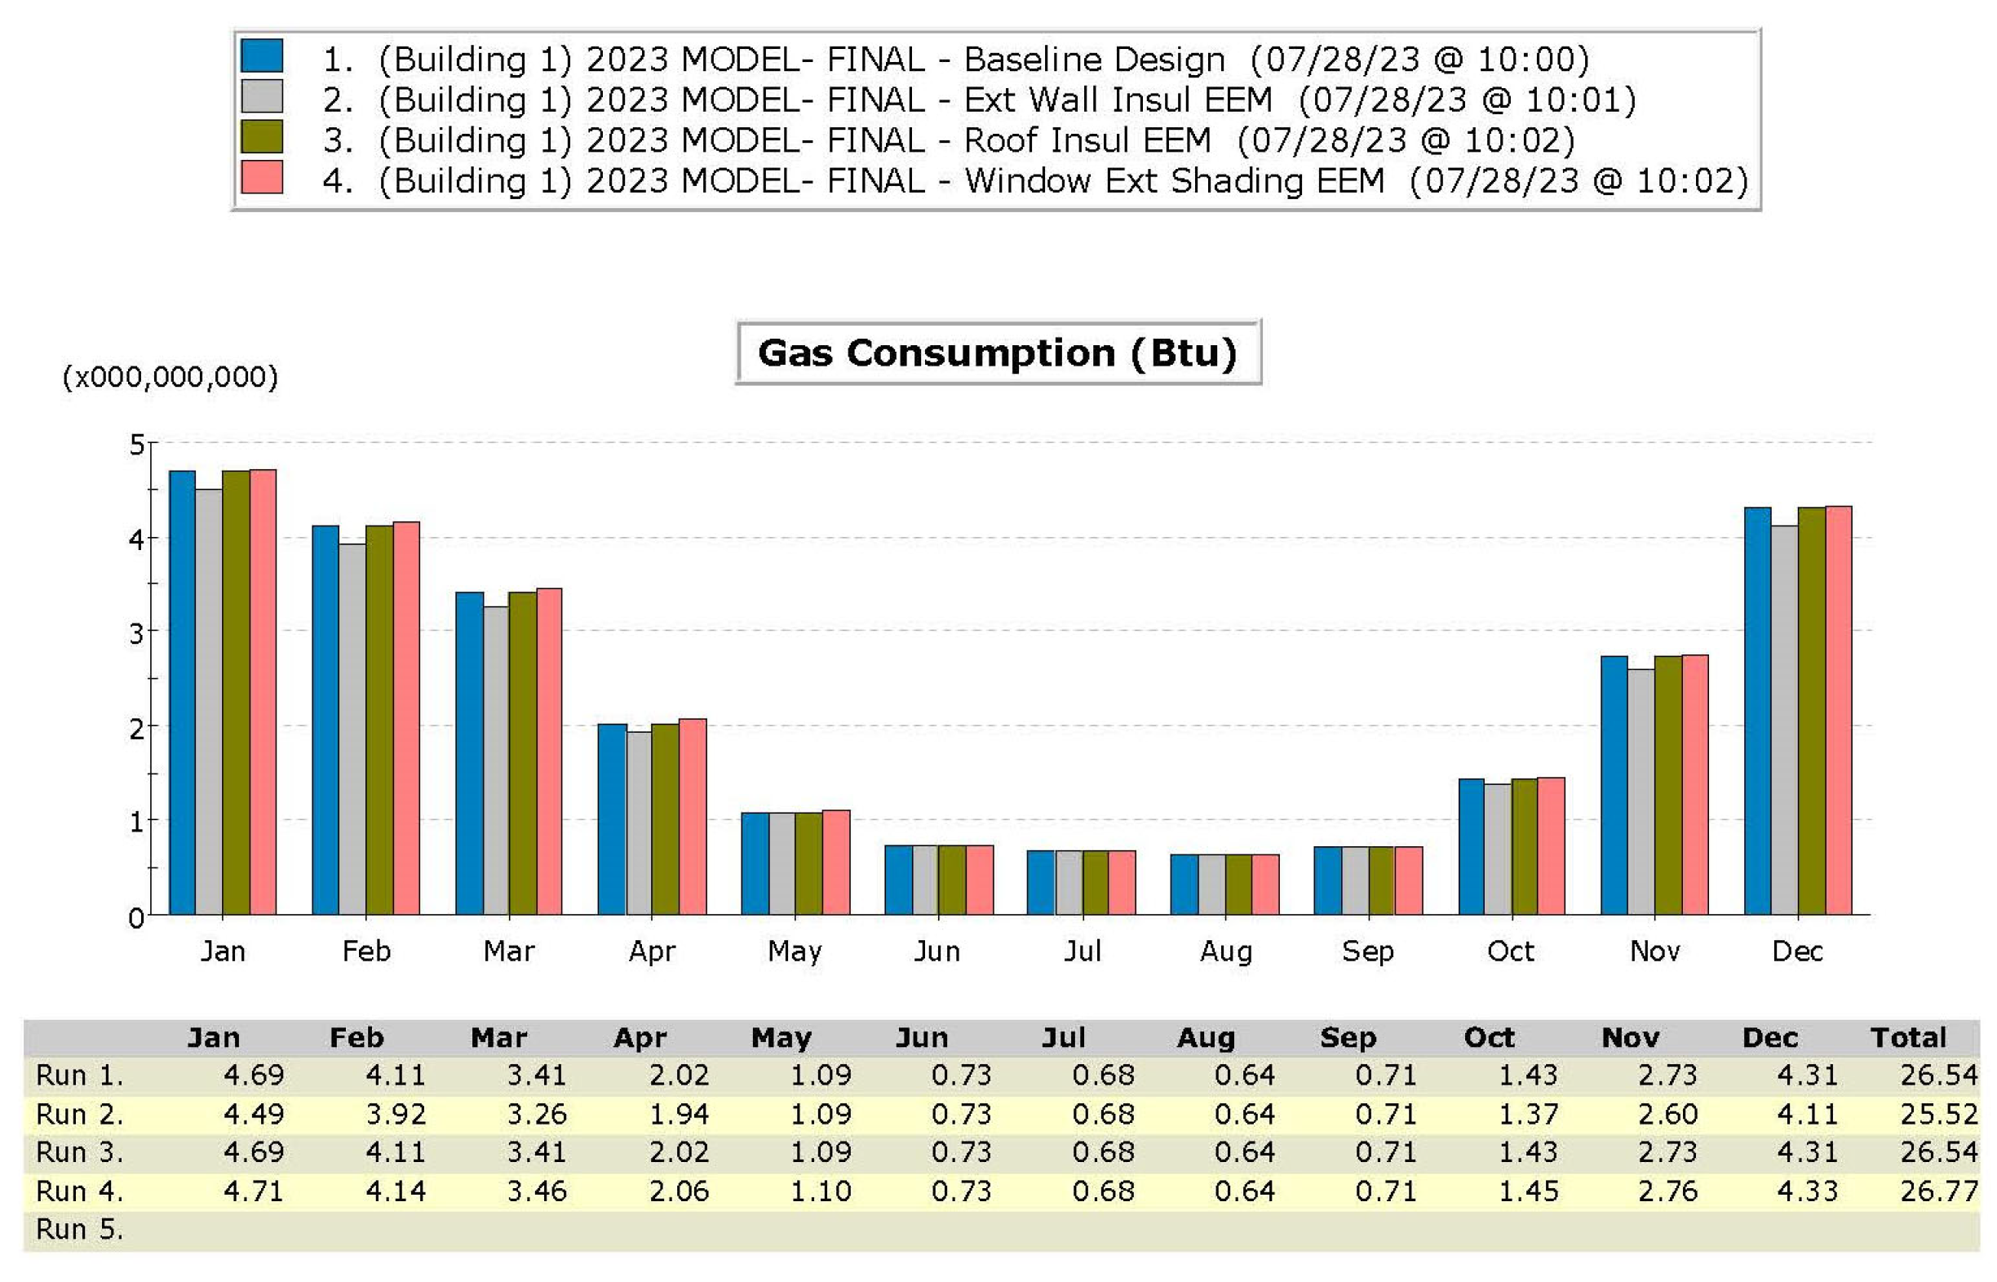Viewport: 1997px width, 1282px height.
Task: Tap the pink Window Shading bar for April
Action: tap(693, 817)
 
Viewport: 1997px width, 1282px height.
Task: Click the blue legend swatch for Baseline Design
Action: tap(261, 55)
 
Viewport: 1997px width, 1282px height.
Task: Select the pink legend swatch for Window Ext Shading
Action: tap(261, 177)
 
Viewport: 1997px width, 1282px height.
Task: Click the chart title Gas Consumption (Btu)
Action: tap(998, 353)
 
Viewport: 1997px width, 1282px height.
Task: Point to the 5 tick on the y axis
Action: tap(136, 446)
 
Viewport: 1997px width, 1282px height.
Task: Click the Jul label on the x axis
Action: tap(1082, 951)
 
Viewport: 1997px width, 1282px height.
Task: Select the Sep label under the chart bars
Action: tap(1367, 951)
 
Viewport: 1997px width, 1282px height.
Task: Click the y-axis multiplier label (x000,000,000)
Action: tap(170, 377)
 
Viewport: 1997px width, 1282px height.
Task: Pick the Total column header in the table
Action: tap(1908, 1037)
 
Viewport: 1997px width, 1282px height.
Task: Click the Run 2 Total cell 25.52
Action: tap(1938, 1114)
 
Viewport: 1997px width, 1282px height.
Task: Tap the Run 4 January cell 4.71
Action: tap(254, 1191)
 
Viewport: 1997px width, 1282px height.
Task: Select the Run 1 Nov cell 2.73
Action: tap(1667, 1076)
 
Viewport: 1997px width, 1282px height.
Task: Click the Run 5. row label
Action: tap(80, 1230)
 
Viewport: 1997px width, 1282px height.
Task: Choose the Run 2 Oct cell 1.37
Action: tap(1528, 1114)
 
